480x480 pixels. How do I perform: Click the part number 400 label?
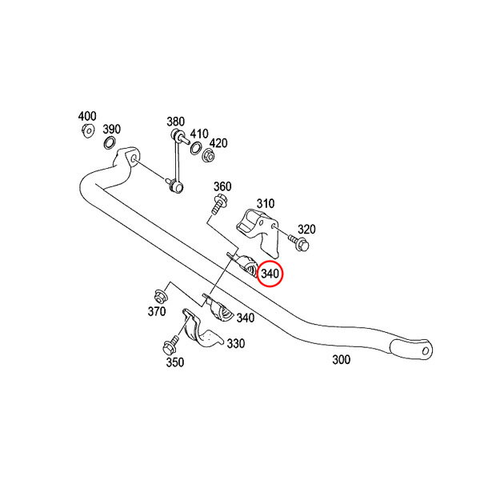(x=87, y=116)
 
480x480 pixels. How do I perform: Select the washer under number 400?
(x=88, y=131)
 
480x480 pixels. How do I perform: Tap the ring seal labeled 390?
(x=110, y=143)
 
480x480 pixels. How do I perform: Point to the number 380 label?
(x=175, y=122)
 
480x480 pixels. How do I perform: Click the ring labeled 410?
(x=196, y=147)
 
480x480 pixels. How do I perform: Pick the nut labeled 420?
(x=209, y=155)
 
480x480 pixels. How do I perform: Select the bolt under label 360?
(x=219, y=204)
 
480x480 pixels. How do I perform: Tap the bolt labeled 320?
(x=298, y=242)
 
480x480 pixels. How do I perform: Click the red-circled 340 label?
(x=270, y=274)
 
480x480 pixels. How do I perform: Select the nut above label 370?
(x=160, y=297)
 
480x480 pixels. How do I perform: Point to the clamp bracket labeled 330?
(x=202, y=329)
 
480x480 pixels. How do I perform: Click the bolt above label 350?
(x=170, y=344)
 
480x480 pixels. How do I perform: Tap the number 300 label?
(x=342, y=359)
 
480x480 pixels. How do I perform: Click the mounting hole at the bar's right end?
(x=426, y=350)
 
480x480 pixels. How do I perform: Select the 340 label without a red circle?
(x=246, y=318)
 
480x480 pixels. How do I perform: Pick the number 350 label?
(x=175, y=362)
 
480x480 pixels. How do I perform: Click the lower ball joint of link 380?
(x=176, y=186)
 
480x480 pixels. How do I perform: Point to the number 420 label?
(x=218, y=143)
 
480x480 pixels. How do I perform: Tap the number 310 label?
(x=266, y=203)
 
